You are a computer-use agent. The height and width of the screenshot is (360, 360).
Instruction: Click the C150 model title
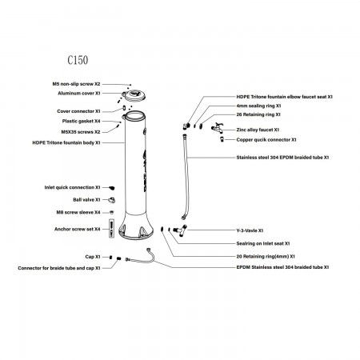(78, 60)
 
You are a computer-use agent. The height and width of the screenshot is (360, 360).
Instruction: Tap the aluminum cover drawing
(134, 95)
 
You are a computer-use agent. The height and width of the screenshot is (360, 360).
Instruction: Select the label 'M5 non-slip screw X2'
(76, 84)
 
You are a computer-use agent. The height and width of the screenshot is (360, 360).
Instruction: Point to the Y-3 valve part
(180, 230)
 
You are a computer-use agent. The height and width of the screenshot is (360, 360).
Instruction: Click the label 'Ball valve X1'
(86, 200)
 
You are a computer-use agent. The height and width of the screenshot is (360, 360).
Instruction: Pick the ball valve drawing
(111, 200)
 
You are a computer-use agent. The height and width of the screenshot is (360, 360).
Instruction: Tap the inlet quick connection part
(112, 188)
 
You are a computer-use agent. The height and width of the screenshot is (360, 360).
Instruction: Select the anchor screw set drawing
(111, 229)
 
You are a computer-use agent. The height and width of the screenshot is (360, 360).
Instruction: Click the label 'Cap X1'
(93, 257)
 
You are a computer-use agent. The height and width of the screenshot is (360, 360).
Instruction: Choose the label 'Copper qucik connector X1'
(266, 140)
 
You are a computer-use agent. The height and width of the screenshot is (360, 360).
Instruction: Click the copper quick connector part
(222, 139)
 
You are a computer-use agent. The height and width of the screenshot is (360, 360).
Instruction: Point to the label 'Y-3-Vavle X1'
(250, 230)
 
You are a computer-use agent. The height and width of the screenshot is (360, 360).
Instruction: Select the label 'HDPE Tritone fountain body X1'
(66, 143)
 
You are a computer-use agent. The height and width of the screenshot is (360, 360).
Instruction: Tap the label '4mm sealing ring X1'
(258, 106)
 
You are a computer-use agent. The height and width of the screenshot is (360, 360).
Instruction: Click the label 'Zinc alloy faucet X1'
(258, 130)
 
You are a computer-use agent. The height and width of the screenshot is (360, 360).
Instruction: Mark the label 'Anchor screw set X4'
(78, 229)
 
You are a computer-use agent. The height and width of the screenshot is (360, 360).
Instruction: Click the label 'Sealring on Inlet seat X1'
(263, 243)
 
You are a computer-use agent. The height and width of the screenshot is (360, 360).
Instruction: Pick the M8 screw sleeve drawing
(112, 212)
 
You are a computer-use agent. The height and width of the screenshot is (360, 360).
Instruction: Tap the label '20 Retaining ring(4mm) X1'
(266, 257)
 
